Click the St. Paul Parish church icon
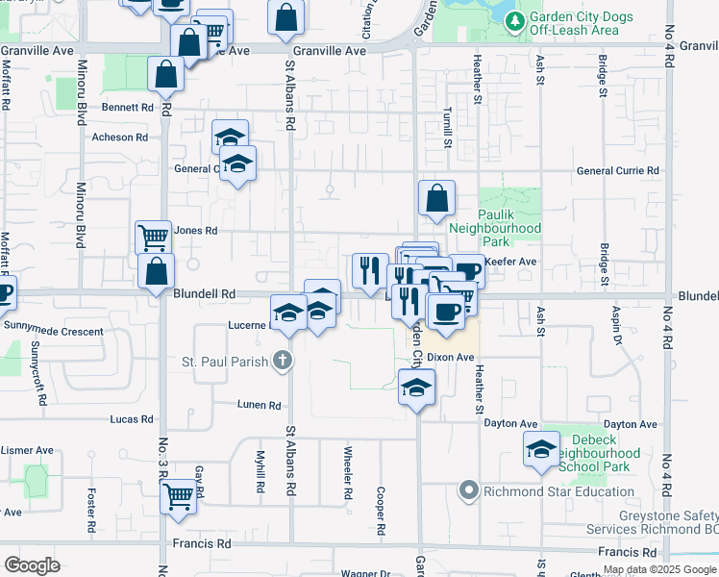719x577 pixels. pos(282,362)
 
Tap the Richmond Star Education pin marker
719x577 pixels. pos(469,491)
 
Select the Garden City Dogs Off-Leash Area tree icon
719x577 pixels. pos(516,20)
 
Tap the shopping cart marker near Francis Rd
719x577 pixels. pos(178,496)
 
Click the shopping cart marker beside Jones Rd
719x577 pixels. pos(153,237)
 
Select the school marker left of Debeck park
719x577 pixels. pos(541,448)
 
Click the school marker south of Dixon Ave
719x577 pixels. pos(416,387)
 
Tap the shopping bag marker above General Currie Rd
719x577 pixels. pos(436,197)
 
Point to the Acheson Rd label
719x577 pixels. pos(119,138)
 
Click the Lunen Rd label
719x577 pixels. pos(260,406)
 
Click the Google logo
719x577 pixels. pos(32,564)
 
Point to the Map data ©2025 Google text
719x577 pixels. pos(659,570)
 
